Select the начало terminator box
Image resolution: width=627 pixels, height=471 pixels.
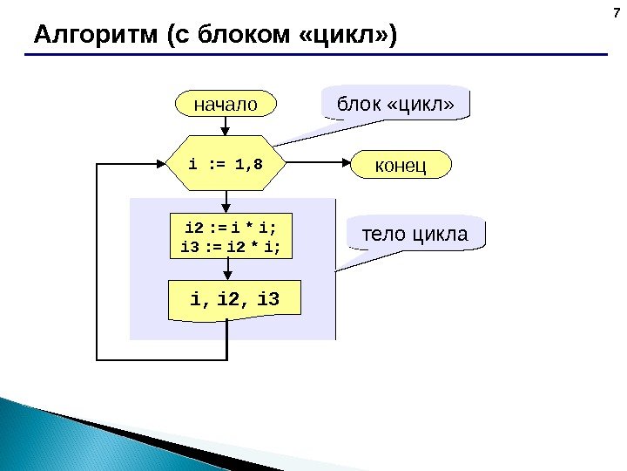(x=226, y=105)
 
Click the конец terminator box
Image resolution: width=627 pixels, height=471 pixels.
(x=401, y=164)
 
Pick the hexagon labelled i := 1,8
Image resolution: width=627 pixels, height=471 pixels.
(x=226, y=163)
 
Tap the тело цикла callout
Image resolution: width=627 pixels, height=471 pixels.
(x=415, y=234)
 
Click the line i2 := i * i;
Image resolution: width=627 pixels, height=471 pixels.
(x=230, y=229)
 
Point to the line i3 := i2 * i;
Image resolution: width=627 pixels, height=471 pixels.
(x=230, y=247)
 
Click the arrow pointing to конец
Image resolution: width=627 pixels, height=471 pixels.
(x=318, y=163)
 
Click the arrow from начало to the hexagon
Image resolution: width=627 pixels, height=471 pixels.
(x=226, y=126)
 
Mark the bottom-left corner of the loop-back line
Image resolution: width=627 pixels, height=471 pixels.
(x=98, y=358)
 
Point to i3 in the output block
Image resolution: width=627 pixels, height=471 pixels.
(x=269, y=300)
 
